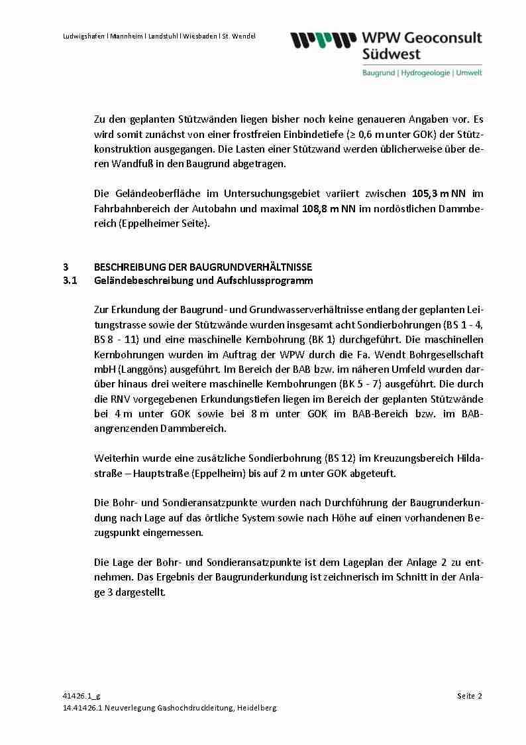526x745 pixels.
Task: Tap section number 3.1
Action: point(70,281)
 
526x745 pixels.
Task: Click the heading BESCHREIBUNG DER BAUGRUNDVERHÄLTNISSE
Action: point(203,267)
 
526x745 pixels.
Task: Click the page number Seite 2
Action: point(469,696)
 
